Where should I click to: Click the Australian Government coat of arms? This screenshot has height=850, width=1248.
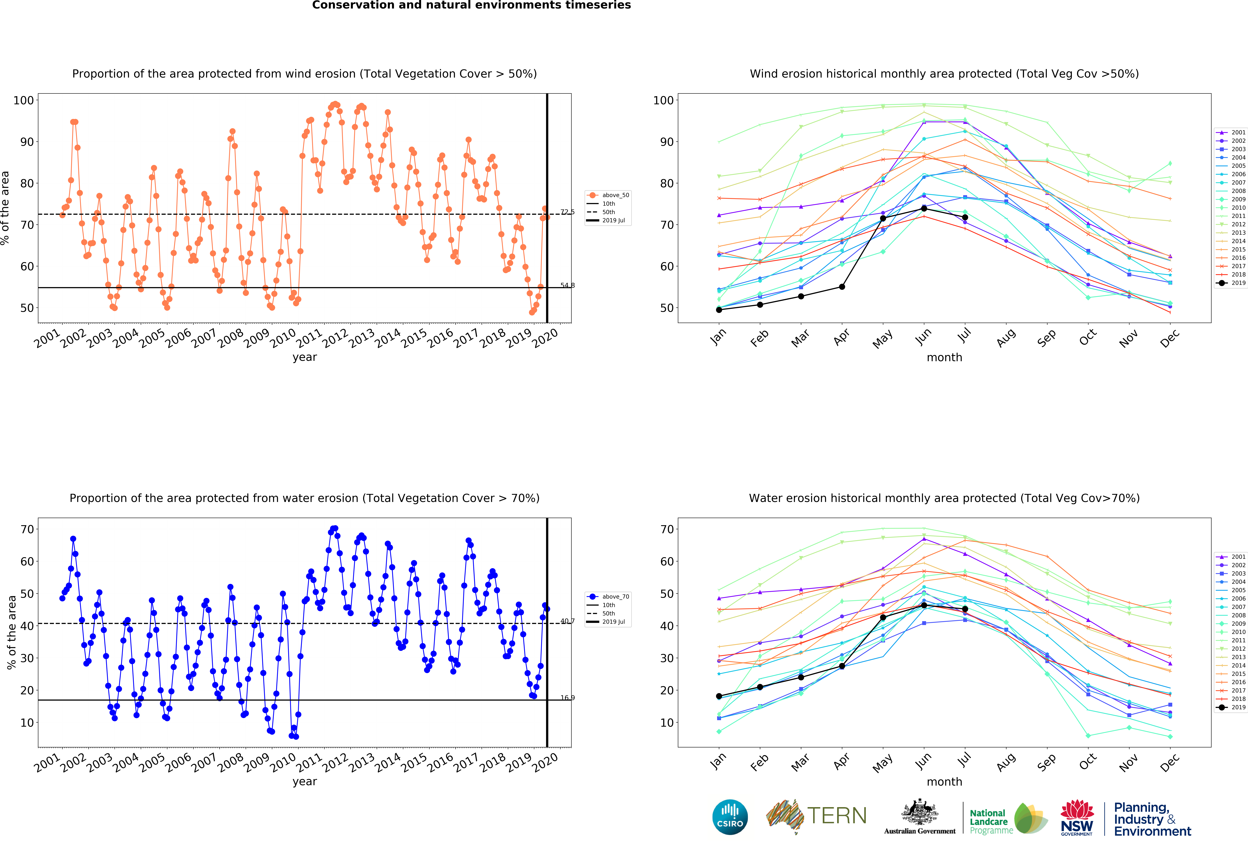pos(920,812)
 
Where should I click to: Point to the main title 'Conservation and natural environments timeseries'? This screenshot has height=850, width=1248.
pos(471,5)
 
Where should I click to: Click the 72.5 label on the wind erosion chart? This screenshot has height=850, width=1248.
pos(568,212)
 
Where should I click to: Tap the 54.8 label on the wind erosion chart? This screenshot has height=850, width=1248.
pos(568,286)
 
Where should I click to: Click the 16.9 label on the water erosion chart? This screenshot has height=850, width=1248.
pos(568,698)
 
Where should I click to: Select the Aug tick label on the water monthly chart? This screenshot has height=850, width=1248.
pos(1006,762)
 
